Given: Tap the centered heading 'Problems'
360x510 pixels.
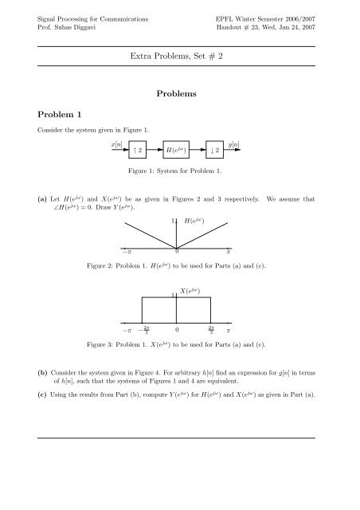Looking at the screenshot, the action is point(180,94).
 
